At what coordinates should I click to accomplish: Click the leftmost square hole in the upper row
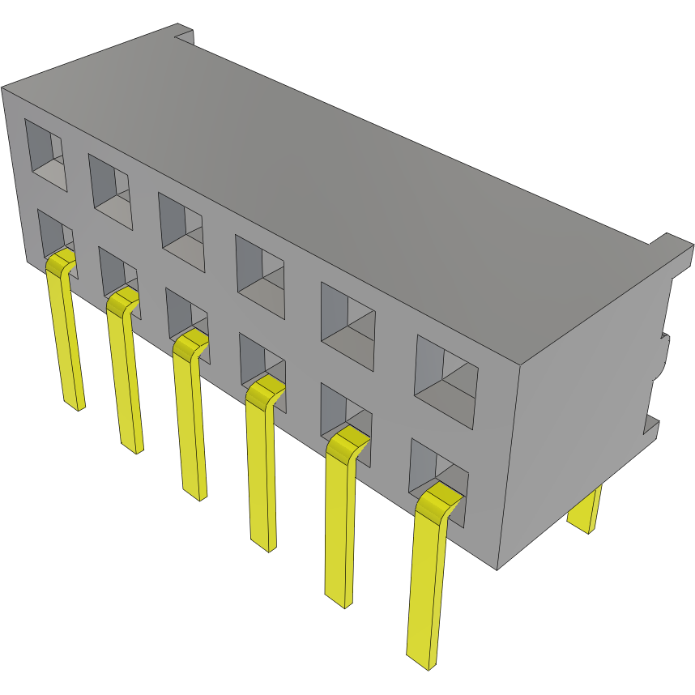pos(45,155)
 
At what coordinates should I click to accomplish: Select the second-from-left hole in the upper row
pos(110,190)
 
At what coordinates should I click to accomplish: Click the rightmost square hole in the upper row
pos(446,382)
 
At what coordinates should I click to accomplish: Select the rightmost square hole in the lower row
pos(438,478)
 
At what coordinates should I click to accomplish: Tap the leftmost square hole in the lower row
pos(53,235)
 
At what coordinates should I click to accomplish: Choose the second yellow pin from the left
pos(127,373)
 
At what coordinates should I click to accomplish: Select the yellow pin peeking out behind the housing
pos(585,510)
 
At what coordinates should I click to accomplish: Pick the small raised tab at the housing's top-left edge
pos(184,34)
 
